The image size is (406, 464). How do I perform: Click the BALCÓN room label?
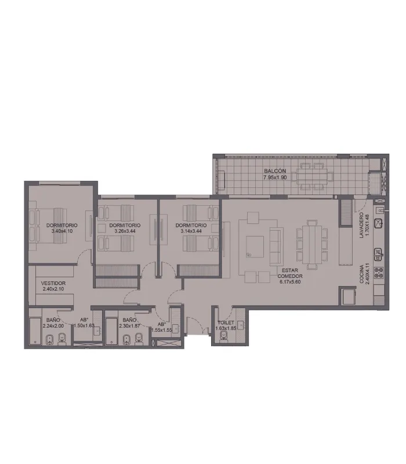[x=275, y=171]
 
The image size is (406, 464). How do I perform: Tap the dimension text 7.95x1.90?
[x=275, y=177]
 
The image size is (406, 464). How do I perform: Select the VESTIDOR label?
[x=53, y=283]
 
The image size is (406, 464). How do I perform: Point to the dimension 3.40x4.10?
[x=62, y=231]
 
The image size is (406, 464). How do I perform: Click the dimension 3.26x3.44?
[x=125, y=231]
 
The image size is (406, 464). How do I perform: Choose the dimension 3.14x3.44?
[x=191, y=231]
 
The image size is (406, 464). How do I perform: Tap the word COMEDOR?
[x=290, y=276]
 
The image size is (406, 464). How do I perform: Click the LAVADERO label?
[x=361, y=225]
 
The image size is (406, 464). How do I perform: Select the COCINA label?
[x=361, y=274]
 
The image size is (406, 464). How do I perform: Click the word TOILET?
[x=226, y=322]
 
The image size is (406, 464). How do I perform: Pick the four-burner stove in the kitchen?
[x=379, y=273]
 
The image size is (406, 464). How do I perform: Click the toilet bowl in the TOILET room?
[x=224, y=336]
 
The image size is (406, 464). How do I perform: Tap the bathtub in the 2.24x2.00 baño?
[x=35, y=331]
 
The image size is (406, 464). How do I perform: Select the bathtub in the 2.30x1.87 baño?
[x=111, y=331]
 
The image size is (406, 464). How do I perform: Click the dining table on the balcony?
[x=311, y=176]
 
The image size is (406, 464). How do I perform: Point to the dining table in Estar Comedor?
[x=312, y=245]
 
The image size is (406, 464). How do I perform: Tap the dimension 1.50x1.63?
[x=84, y=325]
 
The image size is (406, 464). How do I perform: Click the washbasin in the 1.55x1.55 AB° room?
[x=175, y=328]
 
